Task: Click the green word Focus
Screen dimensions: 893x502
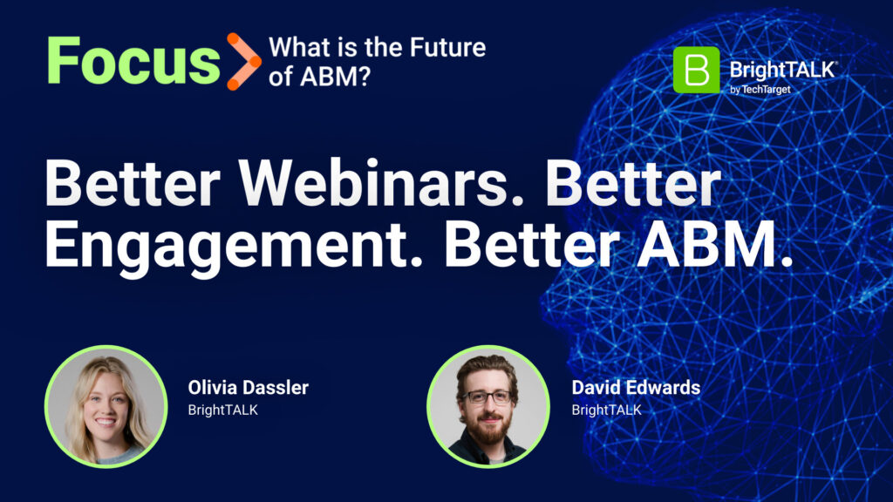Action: [133, 60]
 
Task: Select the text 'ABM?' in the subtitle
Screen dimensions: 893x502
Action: [336, 77]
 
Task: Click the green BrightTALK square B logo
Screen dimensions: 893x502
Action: [696, 70]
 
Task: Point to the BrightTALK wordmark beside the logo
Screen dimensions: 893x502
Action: [783, 70]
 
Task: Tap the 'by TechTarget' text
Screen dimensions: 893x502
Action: [760, 90]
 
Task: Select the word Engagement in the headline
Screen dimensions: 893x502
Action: [234, 246]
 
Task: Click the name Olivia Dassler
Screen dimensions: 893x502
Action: [249, 388]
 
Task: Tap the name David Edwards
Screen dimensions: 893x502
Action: [636, 388]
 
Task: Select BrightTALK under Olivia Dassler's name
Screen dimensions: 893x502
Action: [223, 410]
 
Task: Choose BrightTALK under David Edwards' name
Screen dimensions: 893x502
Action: [607, 410]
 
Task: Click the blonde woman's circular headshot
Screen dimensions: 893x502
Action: [106, 406]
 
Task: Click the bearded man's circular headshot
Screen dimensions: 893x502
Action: [488, 406]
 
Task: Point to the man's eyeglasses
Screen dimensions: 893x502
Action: [487, 397]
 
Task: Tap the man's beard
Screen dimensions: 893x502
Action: [488, 429]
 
